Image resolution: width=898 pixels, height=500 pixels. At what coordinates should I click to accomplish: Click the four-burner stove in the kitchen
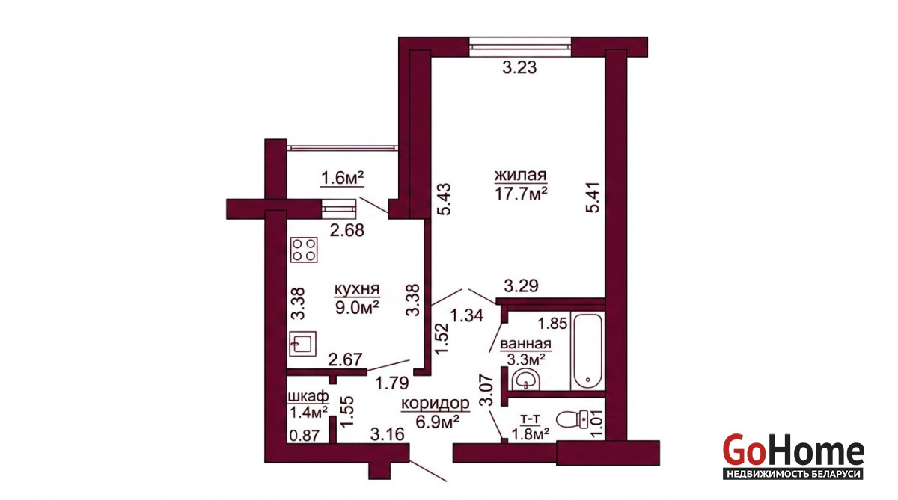(304, 250)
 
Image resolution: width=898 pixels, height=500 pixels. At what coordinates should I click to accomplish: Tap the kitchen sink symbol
(302, 344)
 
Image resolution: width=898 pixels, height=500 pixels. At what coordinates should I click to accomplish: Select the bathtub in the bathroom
(587, 352)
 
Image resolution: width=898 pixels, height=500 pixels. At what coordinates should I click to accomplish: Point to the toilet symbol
(572, 419)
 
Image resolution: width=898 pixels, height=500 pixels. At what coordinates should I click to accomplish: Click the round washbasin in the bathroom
(526, 379)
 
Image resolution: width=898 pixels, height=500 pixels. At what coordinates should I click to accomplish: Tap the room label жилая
(520, 176)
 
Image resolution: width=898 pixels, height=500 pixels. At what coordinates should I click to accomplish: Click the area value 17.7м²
(521, 194)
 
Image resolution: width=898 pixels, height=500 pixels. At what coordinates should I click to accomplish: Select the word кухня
(357, 288)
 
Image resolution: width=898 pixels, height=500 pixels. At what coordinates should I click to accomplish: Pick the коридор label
(436, 403)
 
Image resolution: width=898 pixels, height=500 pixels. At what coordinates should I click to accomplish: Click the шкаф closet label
(308, 397)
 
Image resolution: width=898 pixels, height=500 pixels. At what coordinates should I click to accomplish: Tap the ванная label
(525, 344)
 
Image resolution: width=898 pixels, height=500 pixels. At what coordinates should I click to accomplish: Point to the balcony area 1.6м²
(342, 178)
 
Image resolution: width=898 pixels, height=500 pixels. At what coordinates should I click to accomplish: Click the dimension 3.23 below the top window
(519, 67)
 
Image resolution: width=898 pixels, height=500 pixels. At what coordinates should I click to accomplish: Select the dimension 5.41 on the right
(593, 197)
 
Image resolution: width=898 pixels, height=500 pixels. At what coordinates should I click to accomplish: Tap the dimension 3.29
(521, 286)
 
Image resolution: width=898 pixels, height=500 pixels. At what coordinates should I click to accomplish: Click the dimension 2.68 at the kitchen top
(347, 230)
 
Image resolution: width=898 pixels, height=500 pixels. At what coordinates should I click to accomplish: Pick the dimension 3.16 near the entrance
(388, 434)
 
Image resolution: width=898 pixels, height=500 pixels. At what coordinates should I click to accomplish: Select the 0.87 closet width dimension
(305, 436)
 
